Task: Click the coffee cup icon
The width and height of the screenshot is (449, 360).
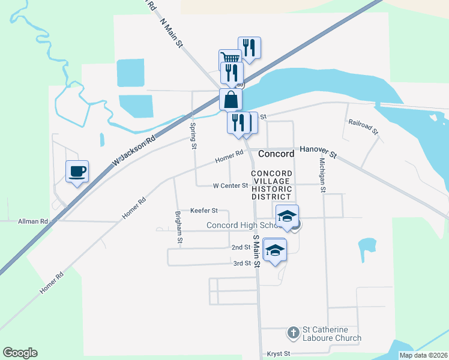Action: [x=77, y=172]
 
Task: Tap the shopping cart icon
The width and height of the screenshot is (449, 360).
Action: [x=229, y=59]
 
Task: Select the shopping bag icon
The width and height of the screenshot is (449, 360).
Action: [x=231, y=100]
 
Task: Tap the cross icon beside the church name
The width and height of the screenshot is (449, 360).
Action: [x=293, y=331]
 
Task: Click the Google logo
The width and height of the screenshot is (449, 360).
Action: [x=20, y=353]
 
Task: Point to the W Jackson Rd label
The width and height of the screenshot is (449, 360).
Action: [x=133, y=150]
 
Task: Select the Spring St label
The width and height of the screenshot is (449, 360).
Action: [x=193, y=136]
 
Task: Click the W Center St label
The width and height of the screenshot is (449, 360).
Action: [x=231, y=186]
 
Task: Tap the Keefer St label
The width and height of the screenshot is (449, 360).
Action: [x=203, y=211]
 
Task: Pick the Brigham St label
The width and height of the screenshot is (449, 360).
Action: [x=178, y=227]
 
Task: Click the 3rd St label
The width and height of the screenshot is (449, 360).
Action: [x=241, y=263]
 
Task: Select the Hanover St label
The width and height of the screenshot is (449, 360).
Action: [x=318, y=152]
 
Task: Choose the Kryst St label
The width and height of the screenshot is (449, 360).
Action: [x=278, y=354]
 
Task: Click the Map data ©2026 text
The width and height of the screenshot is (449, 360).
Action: [x=423, y=355]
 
